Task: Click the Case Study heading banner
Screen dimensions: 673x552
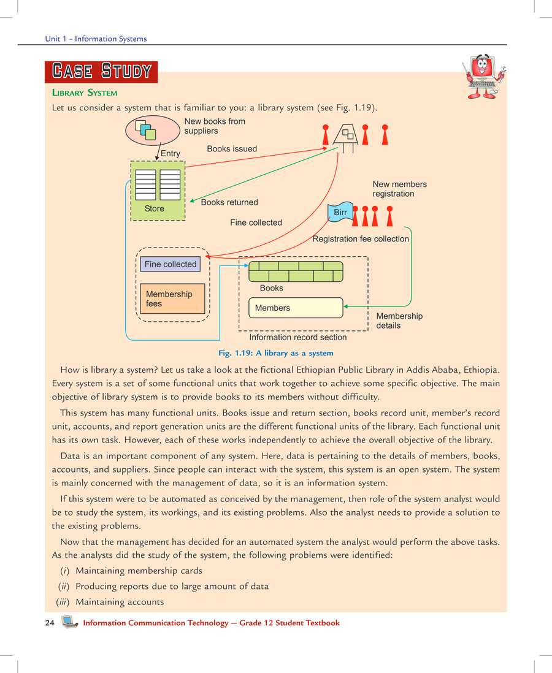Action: point(101,71)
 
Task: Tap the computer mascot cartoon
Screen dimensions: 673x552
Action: point(484,77)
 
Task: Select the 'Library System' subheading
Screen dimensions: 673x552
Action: point(85,93)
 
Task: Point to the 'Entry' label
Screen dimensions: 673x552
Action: point(171,153)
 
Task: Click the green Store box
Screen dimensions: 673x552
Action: point(158,191)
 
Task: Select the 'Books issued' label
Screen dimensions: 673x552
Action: point(232,149)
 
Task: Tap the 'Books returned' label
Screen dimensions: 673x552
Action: point(229,202)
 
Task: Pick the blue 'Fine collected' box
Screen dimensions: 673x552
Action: point(171,264)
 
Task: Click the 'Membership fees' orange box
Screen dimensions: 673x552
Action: point(172,298)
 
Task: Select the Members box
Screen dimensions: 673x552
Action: point(295,308)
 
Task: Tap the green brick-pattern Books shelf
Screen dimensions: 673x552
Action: point(296,271)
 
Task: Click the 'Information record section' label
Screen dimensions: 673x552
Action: point(297,337)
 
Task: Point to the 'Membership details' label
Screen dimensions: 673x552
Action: point(399,321)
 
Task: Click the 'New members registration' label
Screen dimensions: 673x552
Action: point(399,189)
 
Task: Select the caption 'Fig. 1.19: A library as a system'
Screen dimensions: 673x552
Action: point(276,353)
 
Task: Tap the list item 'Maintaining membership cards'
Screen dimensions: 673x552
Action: point(139,571)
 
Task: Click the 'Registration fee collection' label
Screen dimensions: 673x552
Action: point(361,239)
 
